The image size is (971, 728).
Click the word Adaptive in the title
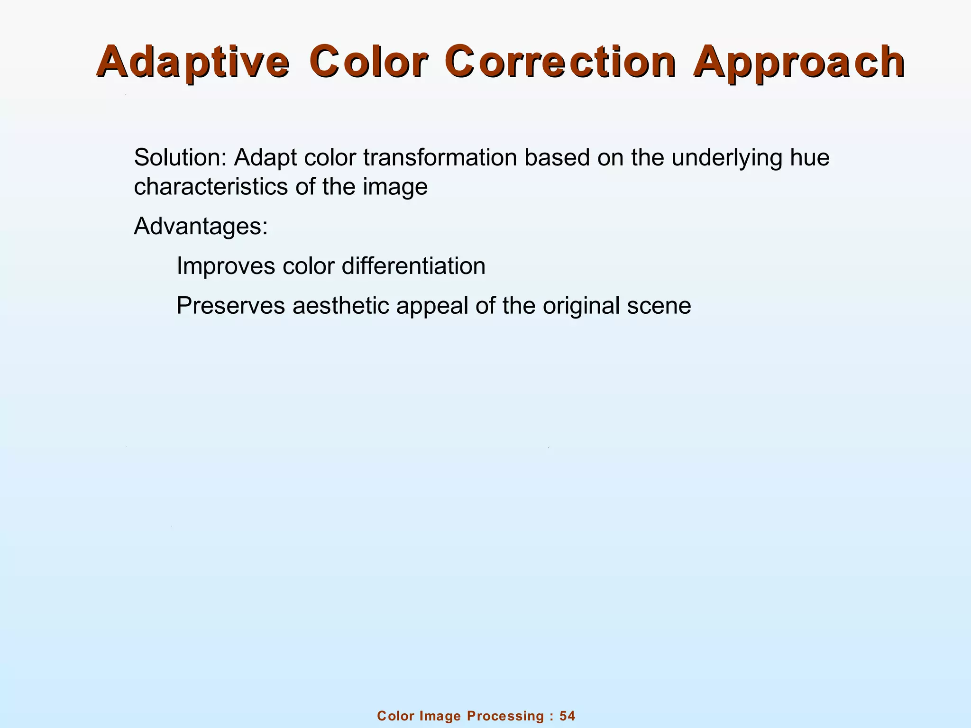pyautogui.click(x=193, y=63)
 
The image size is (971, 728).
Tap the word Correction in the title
pyautogui.click(x=560, y=63)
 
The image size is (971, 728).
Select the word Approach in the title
pyautogui.click(x=799, y=63)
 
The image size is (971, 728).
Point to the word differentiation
pyautogui.click(x=413, y=266)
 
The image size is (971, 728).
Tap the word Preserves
pyautogui.click(x=230, y=306)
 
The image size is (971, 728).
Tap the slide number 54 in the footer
pyautogui.click(x=567, y=716)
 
